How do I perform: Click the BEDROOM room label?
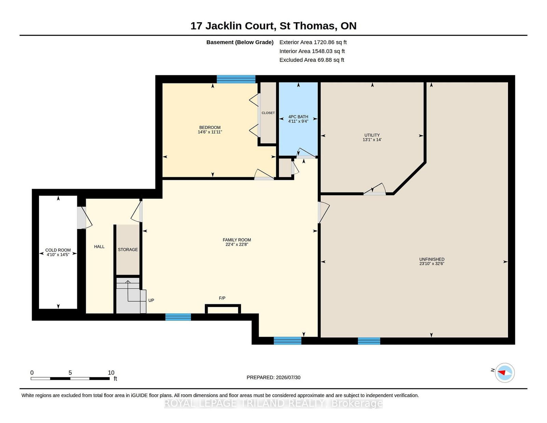click(210, 128)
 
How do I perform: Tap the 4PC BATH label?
click(298, 117)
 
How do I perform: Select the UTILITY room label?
click(372, 135)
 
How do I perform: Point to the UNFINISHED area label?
click(432, 259)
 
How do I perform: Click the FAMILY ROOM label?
click(237, 240)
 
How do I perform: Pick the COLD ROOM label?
click(58, 250)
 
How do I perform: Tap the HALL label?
click(99, 247)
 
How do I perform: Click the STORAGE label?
click(128, 250)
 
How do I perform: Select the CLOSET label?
click(268, 113)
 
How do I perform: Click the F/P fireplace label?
click(222, 298)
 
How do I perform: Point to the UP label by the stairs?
click(151, 300)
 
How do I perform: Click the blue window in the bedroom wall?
click(236, 79)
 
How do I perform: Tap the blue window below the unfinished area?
click(369, 341)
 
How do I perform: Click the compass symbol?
click(505, 373)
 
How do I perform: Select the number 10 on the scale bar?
click(111, 373)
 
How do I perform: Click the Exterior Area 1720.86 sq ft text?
click(313, 42)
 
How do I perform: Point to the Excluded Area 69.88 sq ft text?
click(312, 60)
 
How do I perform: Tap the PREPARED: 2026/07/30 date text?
click(273, 378)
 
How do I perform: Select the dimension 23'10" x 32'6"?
click(432, 264)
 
